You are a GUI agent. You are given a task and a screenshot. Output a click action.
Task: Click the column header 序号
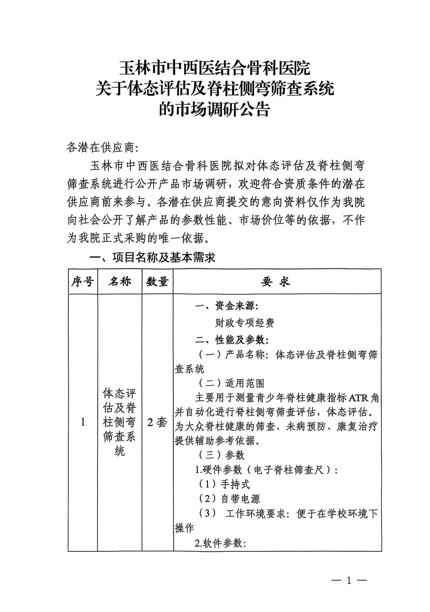click(83, 282)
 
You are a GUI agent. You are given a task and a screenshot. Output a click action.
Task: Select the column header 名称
click(120, 282)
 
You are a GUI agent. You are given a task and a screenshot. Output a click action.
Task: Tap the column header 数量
click(157, 282)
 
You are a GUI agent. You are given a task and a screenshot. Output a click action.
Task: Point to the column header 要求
click(276, 282)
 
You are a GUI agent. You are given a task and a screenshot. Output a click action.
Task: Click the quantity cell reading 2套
click(157, 422)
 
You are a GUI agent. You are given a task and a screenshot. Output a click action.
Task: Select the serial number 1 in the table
click(83, 422)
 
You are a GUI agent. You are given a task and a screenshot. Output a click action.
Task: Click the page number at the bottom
click(349, 580)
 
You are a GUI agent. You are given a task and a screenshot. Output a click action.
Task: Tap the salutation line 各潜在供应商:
click(102, 147)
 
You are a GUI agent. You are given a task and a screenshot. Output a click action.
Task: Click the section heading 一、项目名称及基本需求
click(152, 258)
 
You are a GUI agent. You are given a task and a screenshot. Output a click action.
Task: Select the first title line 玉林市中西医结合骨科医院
click(214, 68)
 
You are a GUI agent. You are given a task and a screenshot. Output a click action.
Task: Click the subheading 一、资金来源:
click(227, 306)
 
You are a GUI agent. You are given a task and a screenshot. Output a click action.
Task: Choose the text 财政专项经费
click(245, 323)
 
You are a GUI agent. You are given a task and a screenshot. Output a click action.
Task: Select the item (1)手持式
click(224, 484)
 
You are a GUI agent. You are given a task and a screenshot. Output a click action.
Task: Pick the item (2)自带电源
click(229, 499)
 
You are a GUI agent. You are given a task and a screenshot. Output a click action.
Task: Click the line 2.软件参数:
click(220, 543)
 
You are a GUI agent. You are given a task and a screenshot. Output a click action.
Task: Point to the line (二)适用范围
click(231, 383)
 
